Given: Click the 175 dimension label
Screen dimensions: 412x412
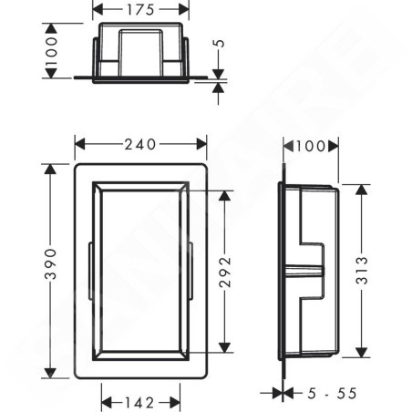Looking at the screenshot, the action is point(140,10).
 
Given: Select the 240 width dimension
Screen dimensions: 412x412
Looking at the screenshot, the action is point(140,144).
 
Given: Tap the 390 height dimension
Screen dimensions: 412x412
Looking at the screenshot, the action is point(51,263).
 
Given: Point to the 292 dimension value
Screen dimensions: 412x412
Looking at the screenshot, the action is point(225,272).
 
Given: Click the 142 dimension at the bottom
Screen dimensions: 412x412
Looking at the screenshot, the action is point(139,403).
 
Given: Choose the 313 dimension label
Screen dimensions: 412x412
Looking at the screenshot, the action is point(362,270).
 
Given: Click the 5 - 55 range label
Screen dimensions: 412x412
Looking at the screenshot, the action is point(332,394).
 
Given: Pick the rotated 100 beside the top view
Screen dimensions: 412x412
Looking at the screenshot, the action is point(51,51).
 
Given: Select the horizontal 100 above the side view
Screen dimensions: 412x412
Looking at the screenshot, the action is point(311,147).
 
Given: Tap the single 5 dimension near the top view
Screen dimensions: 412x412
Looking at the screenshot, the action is point(220,43).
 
